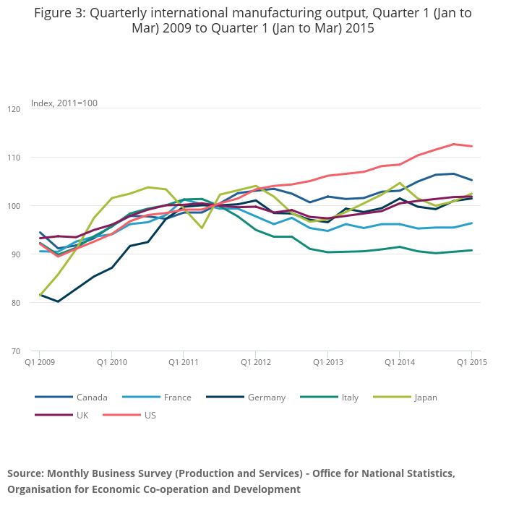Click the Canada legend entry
(92, 397)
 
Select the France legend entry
(177, 397)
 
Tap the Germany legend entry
(266, 397)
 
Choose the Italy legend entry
(350, 397)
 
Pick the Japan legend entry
(425, 397)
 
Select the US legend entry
(150, 415)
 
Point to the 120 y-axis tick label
(14, 109)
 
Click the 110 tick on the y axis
(14, 158)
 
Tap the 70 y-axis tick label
(15, 351)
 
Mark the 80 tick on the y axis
(15, 303)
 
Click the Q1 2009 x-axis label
(40, 361)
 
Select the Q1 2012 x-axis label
(255, 361)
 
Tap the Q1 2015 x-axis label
(471, 361)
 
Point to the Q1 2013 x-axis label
(327, 361)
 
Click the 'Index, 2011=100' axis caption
(64, 103)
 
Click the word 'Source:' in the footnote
(25, 473)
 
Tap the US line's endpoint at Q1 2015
(471, 146)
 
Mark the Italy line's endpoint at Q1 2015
(471, 250)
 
